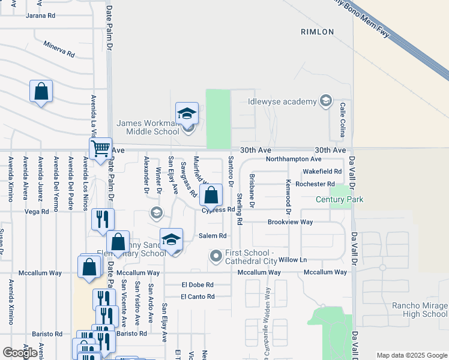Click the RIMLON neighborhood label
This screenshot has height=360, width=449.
click(x=318, y=31)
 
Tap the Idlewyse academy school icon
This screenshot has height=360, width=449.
click(x=326, y=100)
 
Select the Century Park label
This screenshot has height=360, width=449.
click(x=340, y=199)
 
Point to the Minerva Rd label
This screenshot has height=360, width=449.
click(x=59, y=49)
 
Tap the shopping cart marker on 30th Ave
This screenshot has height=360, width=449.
click(x=100, y=148)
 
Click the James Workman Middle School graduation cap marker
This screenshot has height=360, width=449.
click(x=187, y=113)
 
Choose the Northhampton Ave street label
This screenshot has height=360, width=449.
click(x=294, y=160)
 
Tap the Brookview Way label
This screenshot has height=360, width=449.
click(x=291, y=222)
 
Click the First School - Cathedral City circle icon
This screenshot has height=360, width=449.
click(x=216, y=256)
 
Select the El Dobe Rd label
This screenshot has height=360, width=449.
click(x=197, y=285)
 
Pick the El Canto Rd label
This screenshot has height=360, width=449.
click(x=197, y=296)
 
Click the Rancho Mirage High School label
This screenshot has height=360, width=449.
click(x=420, y=310)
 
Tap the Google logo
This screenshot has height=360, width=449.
click(x=20, y=352)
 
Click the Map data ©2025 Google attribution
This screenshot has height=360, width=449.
click(x=411, y=355)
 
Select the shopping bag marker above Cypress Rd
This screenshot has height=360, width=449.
click(x=211, y=195)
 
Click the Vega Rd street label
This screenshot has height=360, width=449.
click(x=37, y=211)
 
